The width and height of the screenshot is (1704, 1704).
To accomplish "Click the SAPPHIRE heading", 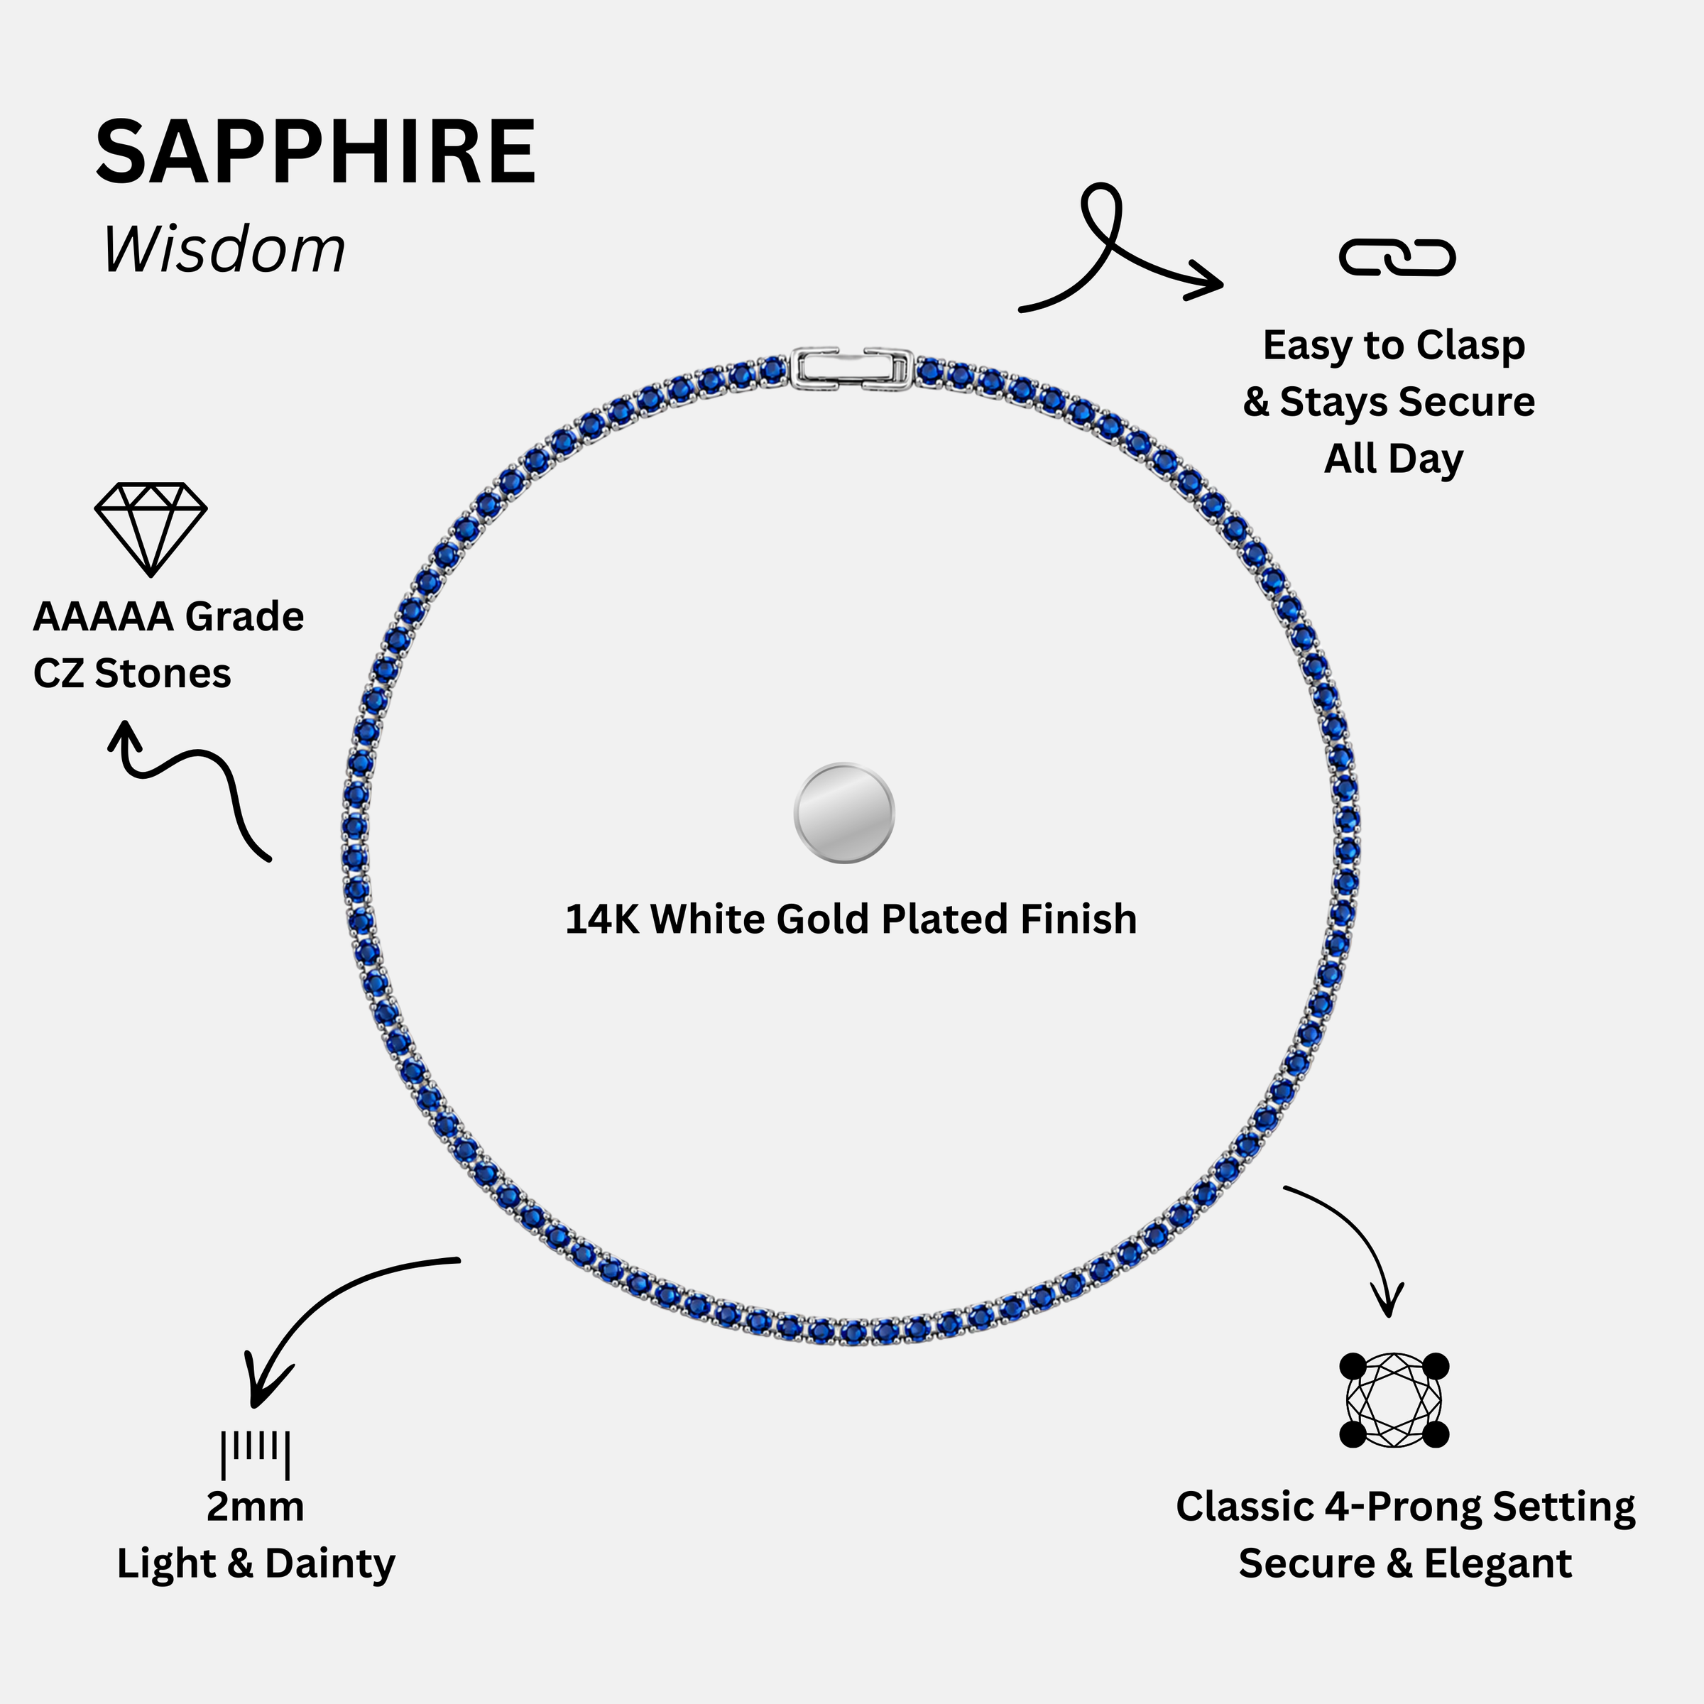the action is point(316,152).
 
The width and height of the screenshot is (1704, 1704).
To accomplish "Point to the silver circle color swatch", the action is point(844,812).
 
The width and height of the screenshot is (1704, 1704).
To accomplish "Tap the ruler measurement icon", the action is point(255,1454).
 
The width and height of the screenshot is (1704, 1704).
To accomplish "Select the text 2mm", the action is point(255,1507).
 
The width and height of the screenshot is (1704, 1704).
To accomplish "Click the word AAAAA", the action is point(103,616).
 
